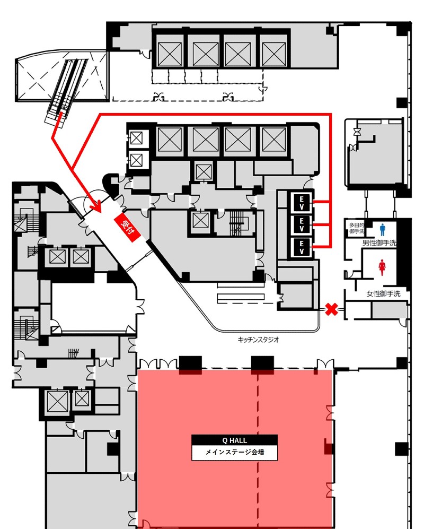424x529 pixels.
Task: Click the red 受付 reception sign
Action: pyautogui.click(x=127, y=228)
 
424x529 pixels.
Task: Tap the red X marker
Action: pyautogui.click(x=331, y=309)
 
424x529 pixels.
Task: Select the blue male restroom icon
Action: pyautogui.click(x=382, y=230)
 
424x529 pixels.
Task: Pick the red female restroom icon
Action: pyautogui.click(x=382, y=267)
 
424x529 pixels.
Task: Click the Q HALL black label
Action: pyautogui.click(x=235, y=440)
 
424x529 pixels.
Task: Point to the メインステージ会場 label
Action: pyautogui.click(x=235, y=452)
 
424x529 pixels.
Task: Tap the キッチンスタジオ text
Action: pyautogui.click(x=258, y=340)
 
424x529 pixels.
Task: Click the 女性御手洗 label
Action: pyautogui.click(x=383, y=294)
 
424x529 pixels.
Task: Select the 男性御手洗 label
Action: pyautogui.click(x=379, y=243)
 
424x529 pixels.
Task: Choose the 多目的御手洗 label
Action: pyautogui.click(x=357, y=228)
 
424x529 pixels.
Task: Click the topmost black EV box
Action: pyautogui.click(x=302, y=203)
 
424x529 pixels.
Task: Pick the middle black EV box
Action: pyautogui.click(x=302, y=224)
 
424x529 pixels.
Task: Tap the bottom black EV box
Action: pyautogui.click(x=302, y=247)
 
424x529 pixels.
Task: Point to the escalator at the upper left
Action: pyautogui.click(x=65, y=89)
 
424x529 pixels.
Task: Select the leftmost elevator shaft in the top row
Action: pyautogui.click(x=170, y=54)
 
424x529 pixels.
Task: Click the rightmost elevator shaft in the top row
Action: pyautogui.click(x=273, y=54)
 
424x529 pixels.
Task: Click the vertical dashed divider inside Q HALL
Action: pyautogui.click(x=259, y=449)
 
